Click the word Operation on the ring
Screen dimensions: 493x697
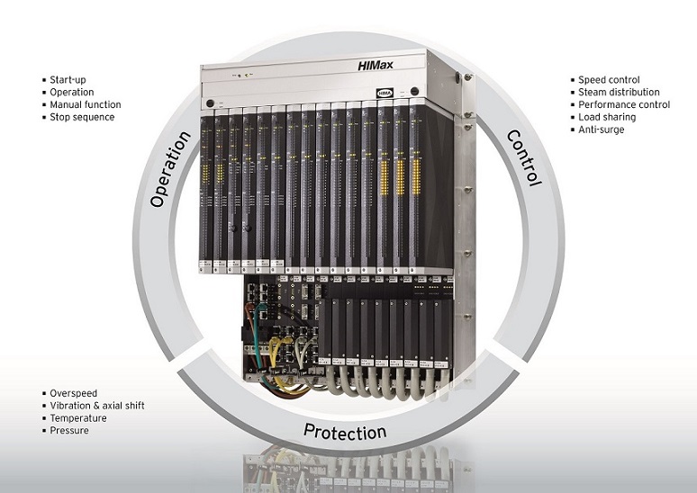(x=170, y=170)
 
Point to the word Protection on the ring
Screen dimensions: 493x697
(x=345, y=431)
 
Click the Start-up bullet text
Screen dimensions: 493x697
(x=68, y=80)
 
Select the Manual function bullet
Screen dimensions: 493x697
(x=86, y=104)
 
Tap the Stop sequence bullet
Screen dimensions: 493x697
(x=82, y=117)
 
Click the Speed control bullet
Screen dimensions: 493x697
(x=609, y=80)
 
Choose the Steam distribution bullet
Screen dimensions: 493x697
(x=619, y=92)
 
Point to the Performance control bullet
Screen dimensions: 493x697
(x=624, y=104)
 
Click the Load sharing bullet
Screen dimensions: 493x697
(x=607, y=117)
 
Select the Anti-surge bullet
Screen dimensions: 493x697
(x=601, y=130)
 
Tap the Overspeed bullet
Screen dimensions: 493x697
(x=73, y=393)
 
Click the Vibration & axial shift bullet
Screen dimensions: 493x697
(x=97, y=406)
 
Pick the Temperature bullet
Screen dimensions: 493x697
(x=78, y=418)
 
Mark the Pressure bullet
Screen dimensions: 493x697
(x=69, y=431)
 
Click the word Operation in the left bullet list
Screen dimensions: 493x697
(x=72, y=92)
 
